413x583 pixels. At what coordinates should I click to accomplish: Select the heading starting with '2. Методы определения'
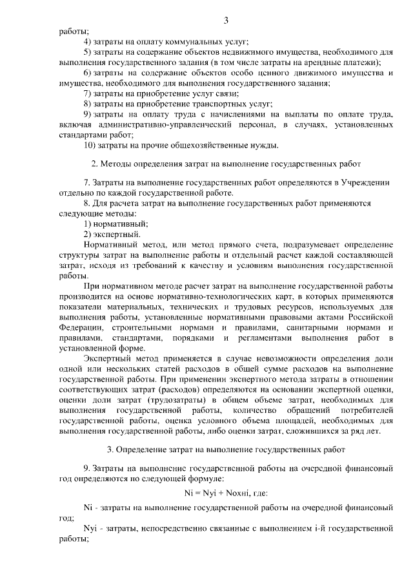pyautogui.click(x=226, y=163)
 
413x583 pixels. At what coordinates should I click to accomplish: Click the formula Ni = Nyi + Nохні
pyautogui.click(x=226, y=493)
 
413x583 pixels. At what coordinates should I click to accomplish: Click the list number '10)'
pyautogui.click(x=91, y=144)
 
